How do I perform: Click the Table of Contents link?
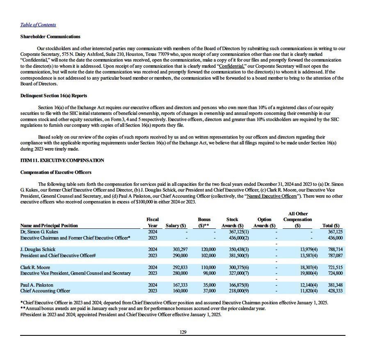[x=38, y=25]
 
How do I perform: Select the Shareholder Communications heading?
[x=50, y=36]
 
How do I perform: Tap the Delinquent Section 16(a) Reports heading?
[x=54, y=96]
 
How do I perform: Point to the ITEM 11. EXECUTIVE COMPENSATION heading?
[x=62, y=160]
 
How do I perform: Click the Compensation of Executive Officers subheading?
[x=56, y=172]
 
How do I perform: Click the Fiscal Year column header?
[x=153, y=223]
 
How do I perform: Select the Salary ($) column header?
[x=176, y=226]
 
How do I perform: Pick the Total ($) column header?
[x=331, y=226]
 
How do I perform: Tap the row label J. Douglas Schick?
[x=38, y=249]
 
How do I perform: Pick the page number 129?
[x=183, y=332]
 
